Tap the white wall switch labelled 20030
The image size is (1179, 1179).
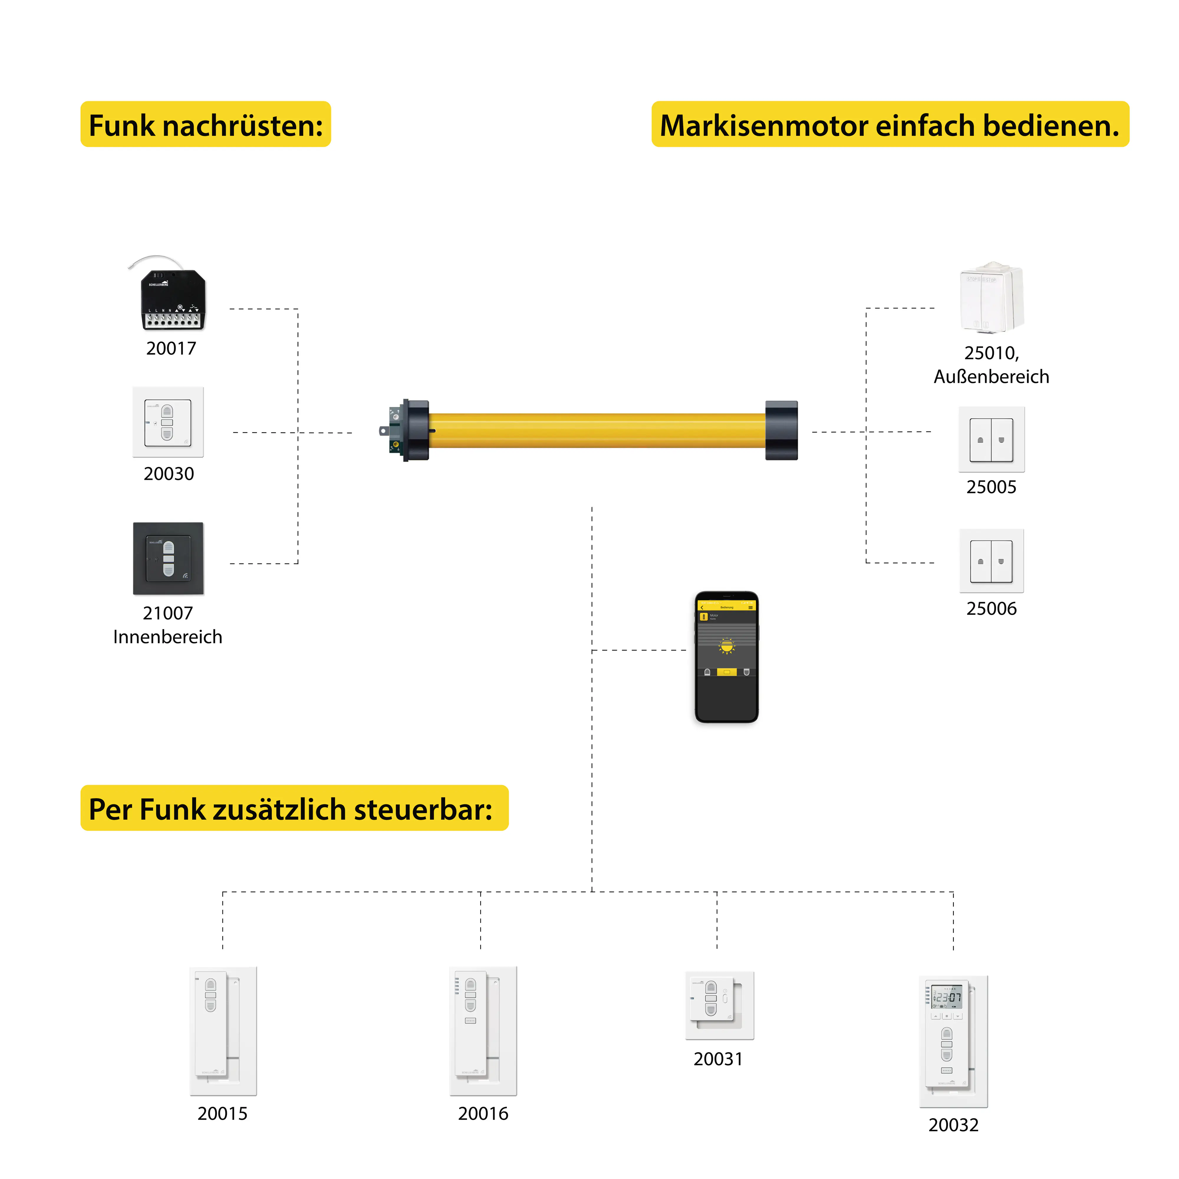click(168, 422)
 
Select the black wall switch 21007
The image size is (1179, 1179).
click(168, 558)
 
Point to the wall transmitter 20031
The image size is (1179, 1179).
click(719, 1005)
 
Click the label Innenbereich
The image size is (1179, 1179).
click(168, 637)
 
